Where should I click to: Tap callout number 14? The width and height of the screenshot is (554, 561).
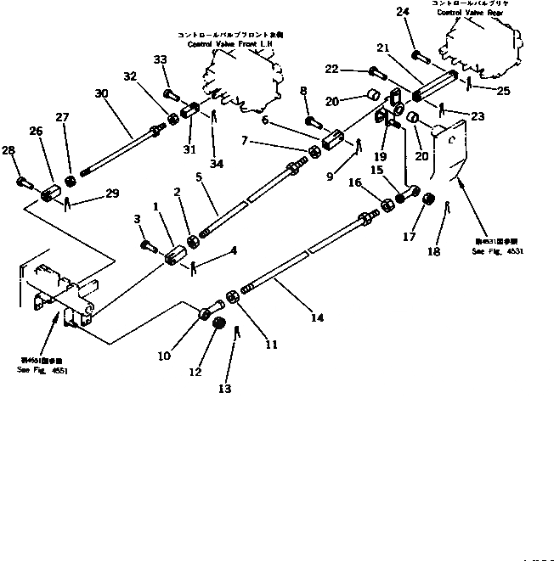317,317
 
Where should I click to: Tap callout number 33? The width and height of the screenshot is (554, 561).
160,59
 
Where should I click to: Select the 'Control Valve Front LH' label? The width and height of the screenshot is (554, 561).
231,42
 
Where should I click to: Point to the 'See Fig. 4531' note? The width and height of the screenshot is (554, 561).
498,252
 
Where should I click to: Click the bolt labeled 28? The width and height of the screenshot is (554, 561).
24,181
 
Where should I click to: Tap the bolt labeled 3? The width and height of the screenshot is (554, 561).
148,246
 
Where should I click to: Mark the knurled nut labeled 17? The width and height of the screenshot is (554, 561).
428,203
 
